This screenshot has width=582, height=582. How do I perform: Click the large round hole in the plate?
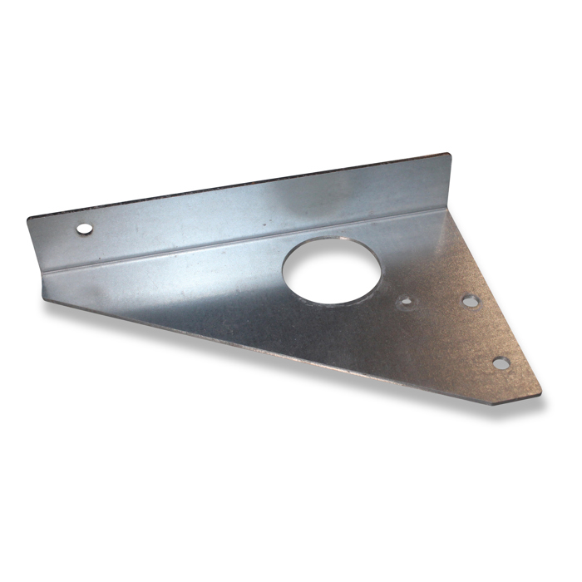(x=331, y=271)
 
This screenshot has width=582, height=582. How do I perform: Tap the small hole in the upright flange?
(x=83, y=228)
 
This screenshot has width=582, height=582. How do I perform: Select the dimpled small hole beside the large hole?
(x=406, y=301)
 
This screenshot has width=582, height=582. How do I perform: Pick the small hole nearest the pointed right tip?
(x=501, y=363)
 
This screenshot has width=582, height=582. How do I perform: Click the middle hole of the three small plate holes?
(x=471, y=301)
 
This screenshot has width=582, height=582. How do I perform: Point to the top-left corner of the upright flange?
(x=28, y=218)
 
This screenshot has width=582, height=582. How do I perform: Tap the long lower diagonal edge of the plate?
(x=274, y=345)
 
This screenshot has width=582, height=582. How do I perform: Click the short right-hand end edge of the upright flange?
(x=451, y=179)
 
